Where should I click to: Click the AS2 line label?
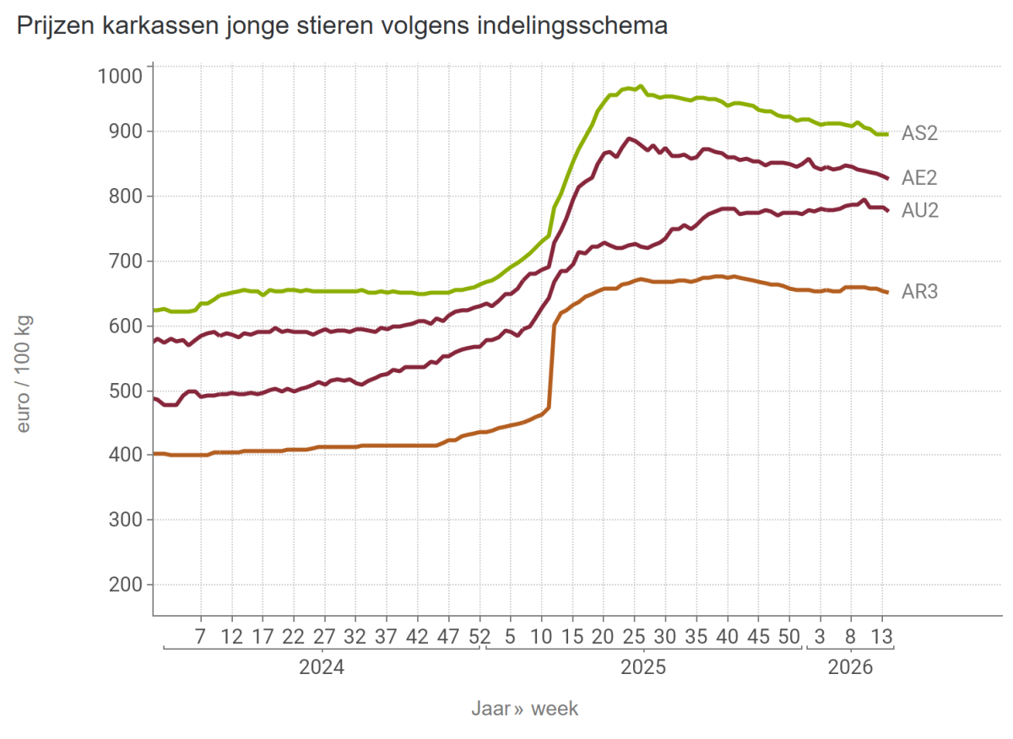(x=919, y=133)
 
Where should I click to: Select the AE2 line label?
(x=919, y=178)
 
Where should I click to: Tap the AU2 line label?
(x=920, y=210)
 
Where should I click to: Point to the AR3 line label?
(x=919, y=292)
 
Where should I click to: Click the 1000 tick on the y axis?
(x=120, y=76)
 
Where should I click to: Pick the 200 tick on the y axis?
(x=125, y=585)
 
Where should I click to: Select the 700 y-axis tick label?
(x=125, y=262)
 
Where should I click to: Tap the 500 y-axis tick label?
(x=125, y=391)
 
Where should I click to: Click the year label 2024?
(x=321, y=668)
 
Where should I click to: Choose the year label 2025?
(x=643, y=668)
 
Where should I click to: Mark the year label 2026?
(x=849, y=668)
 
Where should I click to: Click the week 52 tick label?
(x=479, y=635)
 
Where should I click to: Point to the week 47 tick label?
(x=448, y=635)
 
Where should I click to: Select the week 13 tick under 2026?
(x=882, y=635)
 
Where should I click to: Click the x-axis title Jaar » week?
(x=524, y=709)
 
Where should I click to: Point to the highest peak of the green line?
(x=641, y=86)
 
